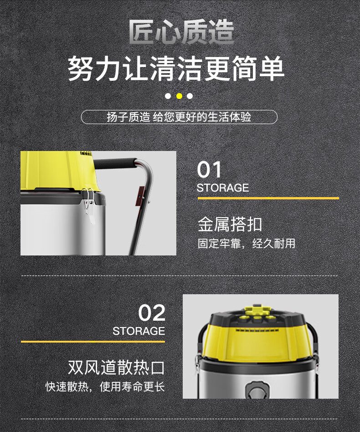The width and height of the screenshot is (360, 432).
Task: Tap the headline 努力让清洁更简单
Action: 176,68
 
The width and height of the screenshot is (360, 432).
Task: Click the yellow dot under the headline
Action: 179,96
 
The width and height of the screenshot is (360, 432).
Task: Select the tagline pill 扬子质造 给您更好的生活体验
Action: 179,117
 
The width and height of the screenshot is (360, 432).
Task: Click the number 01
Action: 209,170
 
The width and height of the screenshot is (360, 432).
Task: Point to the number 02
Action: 152,313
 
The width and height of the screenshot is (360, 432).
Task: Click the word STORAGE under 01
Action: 223,188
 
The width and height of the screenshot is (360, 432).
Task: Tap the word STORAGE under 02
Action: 139,331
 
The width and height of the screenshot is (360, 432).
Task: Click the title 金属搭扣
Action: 230,224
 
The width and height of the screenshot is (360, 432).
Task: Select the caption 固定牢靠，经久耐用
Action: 247,243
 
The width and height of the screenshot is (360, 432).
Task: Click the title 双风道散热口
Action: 116,368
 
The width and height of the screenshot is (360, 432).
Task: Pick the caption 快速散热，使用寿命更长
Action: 105,386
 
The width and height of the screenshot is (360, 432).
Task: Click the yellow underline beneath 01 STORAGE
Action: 268,198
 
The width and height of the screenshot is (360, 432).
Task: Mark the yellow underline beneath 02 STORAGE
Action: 93,342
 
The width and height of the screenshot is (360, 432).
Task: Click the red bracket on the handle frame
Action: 141,196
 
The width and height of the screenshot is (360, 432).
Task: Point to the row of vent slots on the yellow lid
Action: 257,330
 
